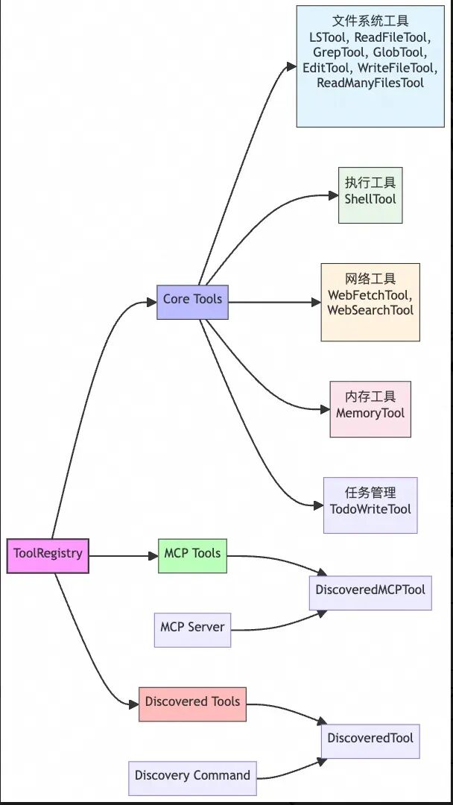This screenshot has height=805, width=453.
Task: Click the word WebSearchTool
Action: (370, 310)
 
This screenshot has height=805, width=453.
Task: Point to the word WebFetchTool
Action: (369, 296)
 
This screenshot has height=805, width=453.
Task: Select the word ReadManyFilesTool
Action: (370, 83)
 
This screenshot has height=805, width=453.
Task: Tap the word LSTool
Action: (328, 37)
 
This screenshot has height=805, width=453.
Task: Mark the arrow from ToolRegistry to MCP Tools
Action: (123, 555)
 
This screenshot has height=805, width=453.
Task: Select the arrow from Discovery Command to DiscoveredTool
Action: (291, 771)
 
